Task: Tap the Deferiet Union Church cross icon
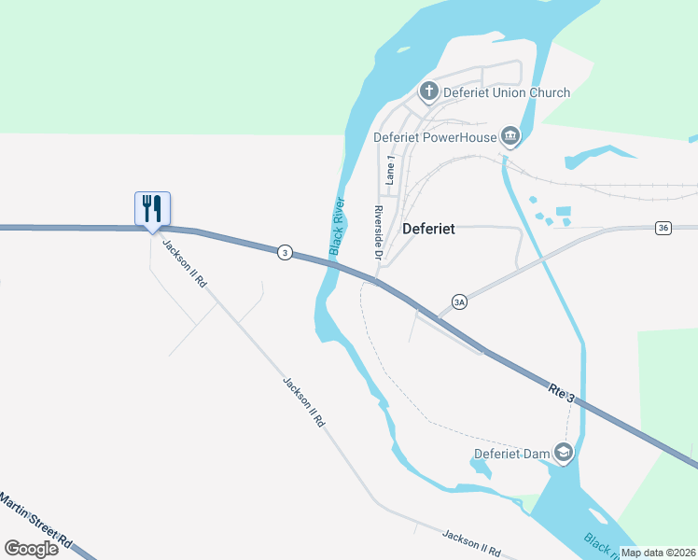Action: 428,91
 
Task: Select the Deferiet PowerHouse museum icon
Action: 510,137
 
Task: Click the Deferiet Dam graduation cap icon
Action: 564,454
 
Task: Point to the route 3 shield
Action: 285,252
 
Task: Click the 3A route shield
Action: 458,301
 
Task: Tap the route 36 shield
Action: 663,228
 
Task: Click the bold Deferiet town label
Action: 428,228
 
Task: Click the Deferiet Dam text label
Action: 512,455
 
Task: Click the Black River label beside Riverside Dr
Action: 338,227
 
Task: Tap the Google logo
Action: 31,548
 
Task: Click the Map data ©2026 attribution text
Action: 657,553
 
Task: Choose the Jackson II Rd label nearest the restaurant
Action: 184,264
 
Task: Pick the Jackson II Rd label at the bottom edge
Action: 471,543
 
